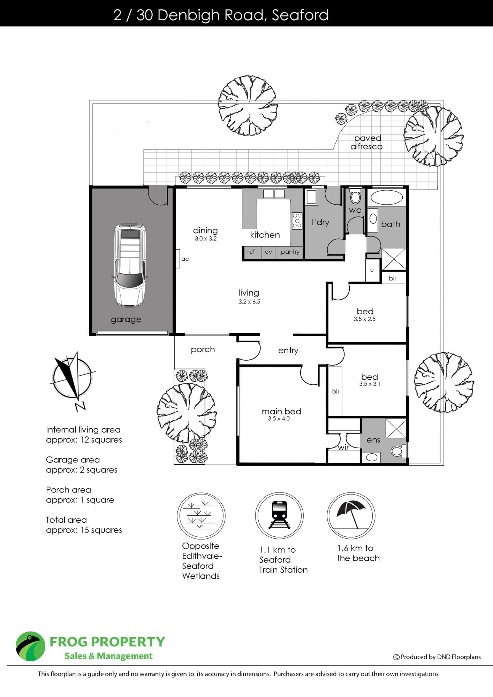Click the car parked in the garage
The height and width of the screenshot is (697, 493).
(x=130, y=266)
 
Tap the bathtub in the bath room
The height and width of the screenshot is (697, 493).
(x=386, y=198)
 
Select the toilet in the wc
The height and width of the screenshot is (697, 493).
(x=355, y=196)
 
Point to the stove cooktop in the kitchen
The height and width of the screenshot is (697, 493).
(x=297, y=221)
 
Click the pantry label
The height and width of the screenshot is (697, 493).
(x=290, y=252)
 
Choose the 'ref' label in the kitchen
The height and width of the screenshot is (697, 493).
(x=251, y=251)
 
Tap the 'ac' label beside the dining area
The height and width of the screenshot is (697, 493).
(x=185, y=259)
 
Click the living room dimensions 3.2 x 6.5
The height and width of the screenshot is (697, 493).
(x=249, y=302)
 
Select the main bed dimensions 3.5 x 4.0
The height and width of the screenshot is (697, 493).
(x=279, y=419)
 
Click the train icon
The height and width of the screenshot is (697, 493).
(x=279, y=515)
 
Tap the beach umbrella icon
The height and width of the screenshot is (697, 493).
(x=351, y=515)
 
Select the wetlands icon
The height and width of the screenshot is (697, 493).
(x=201, y=516)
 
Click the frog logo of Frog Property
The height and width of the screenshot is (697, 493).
(x=30, y=646)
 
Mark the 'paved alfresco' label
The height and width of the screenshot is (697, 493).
(x=366, y=143)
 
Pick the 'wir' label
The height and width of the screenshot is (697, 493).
(x=343, y=447)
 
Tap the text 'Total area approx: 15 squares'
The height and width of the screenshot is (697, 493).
(x=84, y=525)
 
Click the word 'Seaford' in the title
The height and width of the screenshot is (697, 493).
(x=300, y=15)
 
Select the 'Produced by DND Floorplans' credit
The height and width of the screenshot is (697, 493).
(x=437, y=657)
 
